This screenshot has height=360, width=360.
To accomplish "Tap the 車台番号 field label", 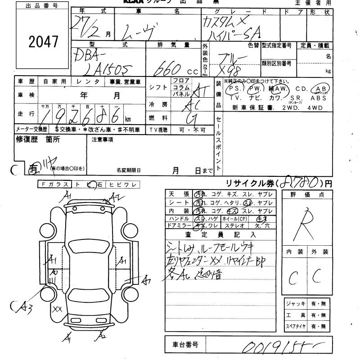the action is [x=185, y=345].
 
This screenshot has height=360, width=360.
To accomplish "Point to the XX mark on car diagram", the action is [x=57, y=309].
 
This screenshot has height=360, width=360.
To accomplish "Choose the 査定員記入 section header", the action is [x=220, y=234].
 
